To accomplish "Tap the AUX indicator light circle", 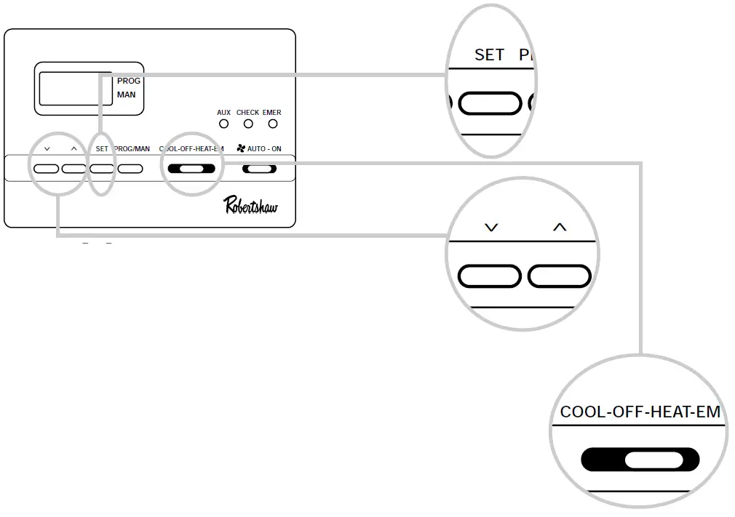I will pyautogui.click(x=223, y=124).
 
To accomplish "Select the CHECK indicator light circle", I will pyautogui.click(x=247, y=124).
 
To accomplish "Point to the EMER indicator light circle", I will pyautogui.click(x=272, y=124).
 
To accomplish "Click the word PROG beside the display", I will pyautogui.click(x=129, y=81).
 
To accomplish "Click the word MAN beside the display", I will pyautogui.click(x=126, y=95).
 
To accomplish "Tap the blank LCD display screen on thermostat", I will pyautogui.click(x=75, y=89).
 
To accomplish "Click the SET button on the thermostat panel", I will pyautogui.click(x=102, y=169).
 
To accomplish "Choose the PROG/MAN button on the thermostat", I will pyautogui.click(x=130, y=169).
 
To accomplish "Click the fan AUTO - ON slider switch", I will pyautogui.click(x=260, y=169).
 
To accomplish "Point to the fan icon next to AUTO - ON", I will pyautogui.click(x=241, y=148).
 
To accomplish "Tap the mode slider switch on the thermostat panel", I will pyautogui.click(x=191, y=169).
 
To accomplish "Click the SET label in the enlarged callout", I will pyautogui.click(x=489, y=55).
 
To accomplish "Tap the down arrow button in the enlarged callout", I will pyautogui.click(x=490, y=276).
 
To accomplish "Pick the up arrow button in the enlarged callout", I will pyautogui.click(x=559, y=276).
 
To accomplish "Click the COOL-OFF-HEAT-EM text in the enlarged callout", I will pyautogui.click(x=640, y=412).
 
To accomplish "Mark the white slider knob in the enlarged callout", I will pyautogui.click(x=653, y=460).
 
